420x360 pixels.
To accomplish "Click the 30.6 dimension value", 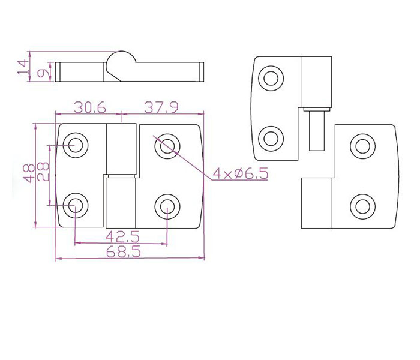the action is point(90,107).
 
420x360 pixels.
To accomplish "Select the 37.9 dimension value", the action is point(161,107).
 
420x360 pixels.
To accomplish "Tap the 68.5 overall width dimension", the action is point(124,252).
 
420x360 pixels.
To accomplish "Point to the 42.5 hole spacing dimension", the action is point(122,236).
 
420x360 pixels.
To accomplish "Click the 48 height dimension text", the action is point(29,173).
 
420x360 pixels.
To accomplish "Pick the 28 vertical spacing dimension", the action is point(43,172).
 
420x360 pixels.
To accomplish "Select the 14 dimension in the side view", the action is point(23,67).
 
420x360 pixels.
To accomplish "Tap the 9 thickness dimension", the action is point(43,73).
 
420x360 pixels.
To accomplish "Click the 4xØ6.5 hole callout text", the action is point(240,174).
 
